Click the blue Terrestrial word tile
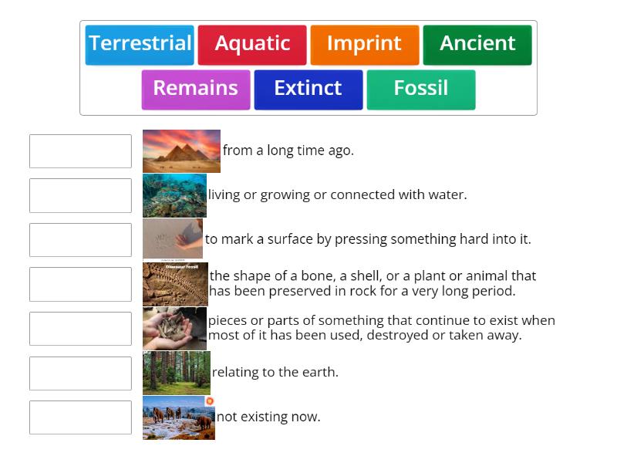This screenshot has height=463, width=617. tap(140, 45)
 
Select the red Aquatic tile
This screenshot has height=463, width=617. tap(252, 45)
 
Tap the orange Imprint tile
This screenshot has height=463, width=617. tap(365, 45)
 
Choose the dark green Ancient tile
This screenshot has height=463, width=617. tap(477, 45)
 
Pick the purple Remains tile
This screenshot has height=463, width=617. tap(196, 90)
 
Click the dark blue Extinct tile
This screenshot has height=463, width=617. tap(308, 90)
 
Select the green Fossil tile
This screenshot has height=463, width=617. tap(421, 90)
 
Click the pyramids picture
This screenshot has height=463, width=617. tap(181, 151)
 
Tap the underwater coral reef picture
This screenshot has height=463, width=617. tap(174, 195)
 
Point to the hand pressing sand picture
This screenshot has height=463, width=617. tap(173, 239)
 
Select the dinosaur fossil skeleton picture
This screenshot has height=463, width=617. tap(175, 284)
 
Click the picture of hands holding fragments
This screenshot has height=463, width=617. tap(174, 329)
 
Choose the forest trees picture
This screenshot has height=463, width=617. tap(177, 373)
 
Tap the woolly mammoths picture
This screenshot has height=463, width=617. tap(178, 417)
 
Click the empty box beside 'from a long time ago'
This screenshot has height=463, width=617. tap(80, 151)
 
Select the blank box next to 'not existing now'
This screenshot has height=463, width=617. tap(80, 417)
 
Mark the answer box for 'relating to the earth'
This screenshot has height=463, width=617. tap(80, 373)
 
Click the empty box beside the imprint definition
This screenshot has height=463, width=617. tap(80, 239)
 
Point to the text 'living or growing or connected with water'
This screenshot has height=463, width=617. tap(337, 195)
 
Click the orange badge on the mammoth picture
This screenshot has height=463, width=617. tap(210, 401)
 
